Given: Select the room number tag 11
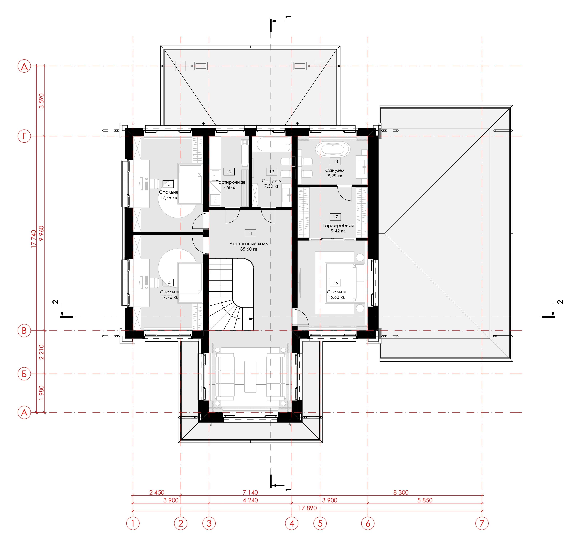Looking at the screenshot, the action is click(250, 233).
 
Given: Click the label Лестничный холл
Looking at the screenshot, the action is click(249, 244).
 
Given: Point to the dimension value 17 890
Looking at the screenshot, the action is click(307, 508).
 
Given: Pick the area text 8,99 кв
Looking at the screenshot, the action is click(335, 176).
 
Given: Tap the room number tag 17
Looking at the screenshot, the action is click(335, 217).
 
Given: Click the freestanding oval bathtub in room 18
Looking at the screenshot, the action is click(333, 149).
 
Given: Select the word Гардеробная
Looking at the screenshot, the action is click(338, 226).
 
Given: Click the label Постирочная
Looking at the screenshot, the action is click(230, 182).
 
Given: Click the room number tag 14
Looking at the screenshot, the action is click(168, 282).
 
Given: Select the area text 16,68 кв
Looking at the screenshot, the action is click(336, 297).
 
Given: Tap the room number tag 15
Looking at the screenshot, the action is click(168, 184).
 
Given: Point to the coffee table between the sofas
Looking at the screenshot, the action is click(250, 377).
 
